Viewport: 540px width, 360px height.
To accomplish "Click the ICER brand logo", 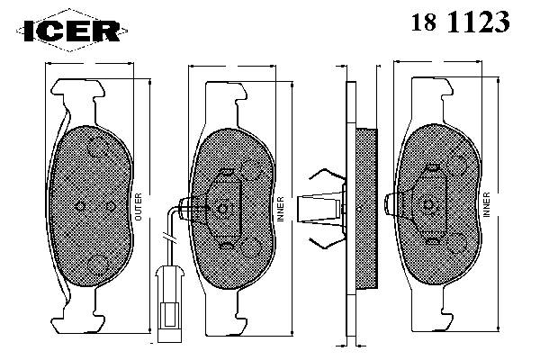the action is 72,31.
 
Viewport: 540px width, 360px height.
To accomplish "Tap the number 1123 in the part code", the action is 478,22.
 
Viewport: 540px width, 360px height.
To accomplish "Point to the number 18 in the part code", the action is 424,22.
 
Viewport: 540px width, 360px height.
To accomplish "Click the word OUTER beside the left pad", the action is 138,207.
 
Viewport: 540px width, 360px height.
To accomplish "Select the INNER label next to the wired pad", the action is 281,209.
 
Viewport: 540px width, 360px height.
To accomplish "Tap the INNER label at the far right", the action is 486,204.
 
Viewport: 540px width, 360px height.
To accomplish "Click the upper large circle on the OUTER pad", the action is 99,147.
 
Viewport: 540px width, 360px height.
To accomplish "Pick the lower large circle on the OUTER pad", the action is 98,265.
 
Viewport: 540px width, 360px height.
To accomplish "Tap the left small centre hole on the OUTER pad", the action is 80,206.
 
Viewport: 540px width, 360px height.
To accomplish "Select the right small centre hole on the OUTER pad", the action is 111,206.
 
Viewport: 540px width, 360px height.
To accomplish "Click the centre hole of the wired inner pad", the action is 222,209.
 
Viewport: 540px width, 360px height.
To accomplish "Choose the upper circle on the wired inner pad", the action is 251,170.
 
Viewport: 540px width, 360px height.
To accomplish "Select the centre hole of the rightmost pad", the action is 428,205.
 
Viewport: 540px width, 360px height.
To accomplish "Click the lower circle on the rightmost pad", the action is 457,244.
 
